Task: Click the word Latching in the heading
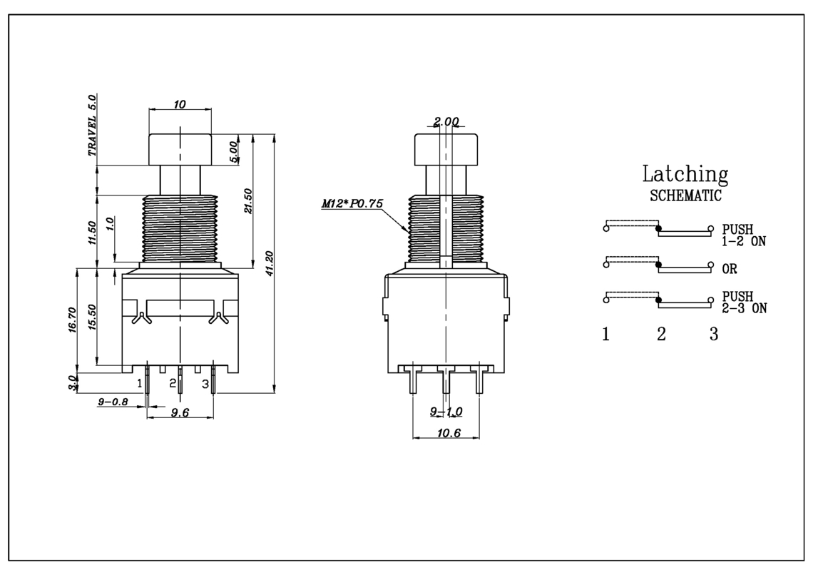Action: pyautogui.click(x=685, y=175)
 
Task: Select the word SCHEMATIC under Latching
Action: pyautogui.click(x=685, y=196)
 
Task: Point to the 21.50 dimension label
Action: pyautogui.click(x=247, y=201)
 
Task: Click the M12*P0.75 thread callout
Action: pyautogui.click(x=352, y=203)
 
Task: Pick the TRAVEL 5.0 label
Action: pyautogui.click(x=92, y=125)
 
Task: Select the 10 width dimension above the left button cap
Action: pyautogui.click(x=180, y=105)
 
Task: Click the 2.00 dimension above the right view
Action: pyautogui.click(x=446, y=121)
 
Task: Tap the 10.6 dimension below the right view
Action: pyautogui.click(x=449, y=432)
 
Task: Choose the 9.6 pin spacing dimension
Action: pyautogui.click(x=180, y=412)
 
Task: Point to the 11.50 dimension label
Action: pyautogui.click(x=92, y=233)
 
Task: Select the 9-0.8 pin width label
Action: pyautogui.click(x=113, y=402)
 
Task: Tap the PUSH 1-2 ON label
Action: pyautogui.click(x=744, y=235)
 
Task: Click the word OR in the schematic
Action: pyautogui.click(x=730, y=269)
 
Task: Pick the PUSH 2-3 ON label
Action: pyautogui.click(x=745, y=302)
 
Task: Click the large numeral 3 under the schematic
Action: pyautogui.click(x=714, y=335)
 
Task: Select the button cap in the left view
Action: pyautogui.click(x=180, y=150)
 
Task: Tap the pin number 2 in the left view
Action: pyautogui.click(x=173, y=384)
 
